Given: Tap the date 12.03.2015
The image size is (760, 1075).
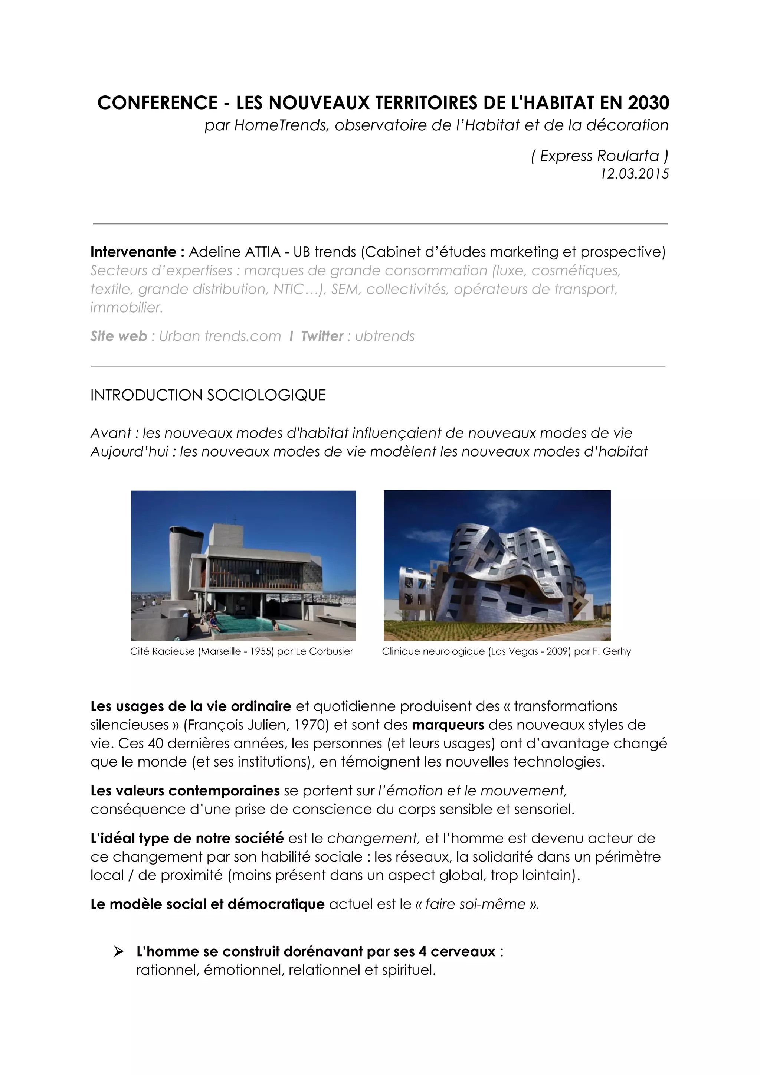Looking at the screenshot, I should tap(635, 174).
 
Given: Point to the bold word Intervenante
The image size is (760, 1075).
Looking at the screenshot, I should tap(133, 252).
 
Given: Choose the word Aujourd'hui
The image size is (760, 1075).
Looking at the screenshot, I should tap(129, 452).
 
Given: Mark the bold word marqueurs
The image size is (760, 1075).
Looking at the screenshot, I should tap(448, 725).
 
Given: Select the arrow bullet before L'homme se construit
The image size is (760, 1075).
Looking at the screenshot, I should tap(118, 951).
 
